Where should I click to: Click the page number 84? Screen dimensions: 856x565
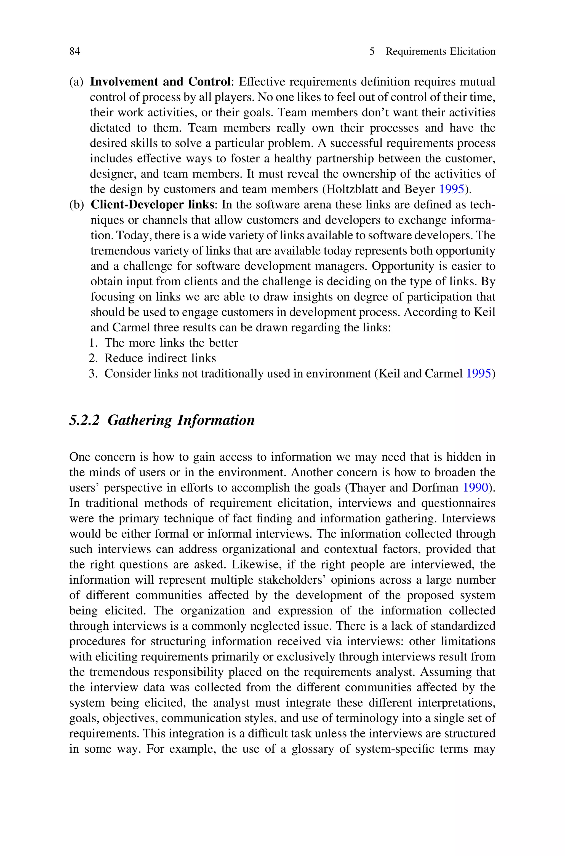click(x=74, y=52)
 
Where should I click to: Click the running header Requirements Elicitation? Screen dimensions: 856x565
click(x=440, y=52)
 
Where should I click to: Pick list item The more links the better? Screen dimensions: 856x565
click(x=171, y=343)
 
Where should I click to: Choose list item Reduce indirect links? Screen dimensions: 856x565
click(x=160, y=358)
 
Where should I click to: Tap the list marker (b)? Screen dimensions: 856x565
click(x=76, y=205)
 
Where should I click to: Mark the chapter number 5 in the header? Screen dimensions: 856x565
click(x=372, y=52)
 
